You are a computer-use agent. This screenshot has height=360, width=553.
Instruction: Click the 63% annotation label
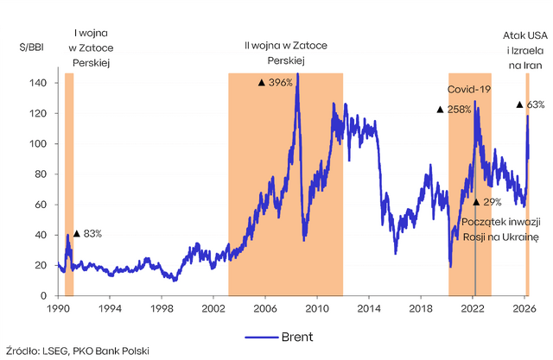[x=536, y=104]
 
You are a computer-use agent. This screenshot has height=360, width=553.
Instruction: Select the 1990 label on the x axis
[x=58, y=307]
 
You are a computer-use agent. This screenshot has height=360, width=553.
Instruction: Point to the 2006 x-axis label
[x=264, y=307]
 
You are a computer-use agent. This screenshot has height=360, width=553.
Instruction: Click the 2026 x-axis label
[x=524, y=307]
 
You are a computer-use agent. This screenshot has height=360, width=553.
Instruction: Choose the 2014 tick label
[x=368, y=307]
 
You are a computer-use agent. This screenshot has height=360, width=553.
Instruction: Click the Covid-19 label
[x=470, y=89]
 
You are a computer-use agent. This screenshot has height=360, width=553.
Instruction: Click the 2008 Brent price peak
[x=297, y=75]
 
